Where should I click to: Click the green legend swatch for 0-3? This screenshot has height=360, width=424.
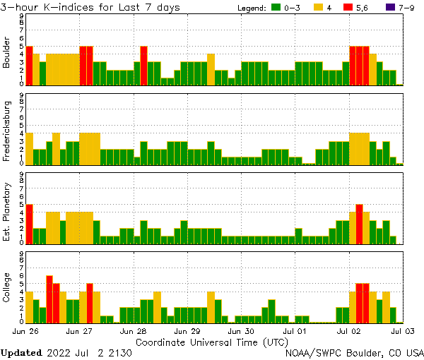[275, 8]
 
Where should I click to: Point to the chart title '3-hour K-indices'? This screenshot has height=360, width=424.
[53, 7]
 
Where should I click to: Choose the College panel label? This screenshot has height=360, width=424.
[7, 289]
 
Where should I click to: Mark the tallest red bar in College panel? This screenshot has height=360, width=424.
[49, 299]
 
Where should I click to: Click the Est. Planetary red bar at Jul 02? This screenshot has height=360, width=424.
[360, 223]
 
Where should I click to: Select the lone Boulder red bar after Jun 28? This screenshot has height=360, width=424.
[143, 66]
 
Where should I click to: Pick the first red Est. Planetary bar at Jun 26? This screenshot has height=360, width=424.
[29, 223]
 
